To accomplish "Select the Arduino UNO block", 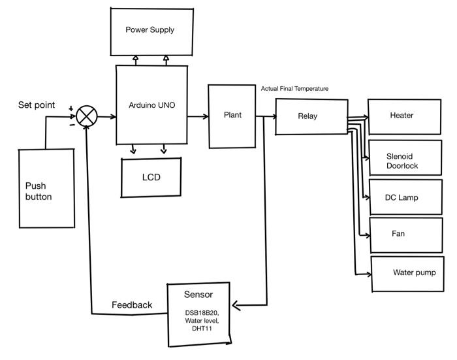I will click(x=151, y=105).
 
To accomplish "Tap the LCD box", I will click(x=151, y=177).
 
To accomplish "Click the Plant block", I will click(x=232, y=116).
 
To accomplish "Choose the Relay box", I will click(x=311, y=117).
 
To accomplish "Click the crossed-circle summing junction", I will click(x=87, y=117).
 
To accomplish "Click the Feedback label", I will click(x=131, y=305).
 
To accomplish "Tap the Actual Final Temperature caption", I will click(x=294, y=89).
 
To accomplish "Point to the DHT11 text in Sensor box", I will click(x=199, y=329).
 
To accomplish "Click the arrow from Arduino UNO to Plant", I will click(x=197, y=116).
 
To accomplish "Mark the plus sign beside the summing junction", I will click(x=71, y=108).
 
